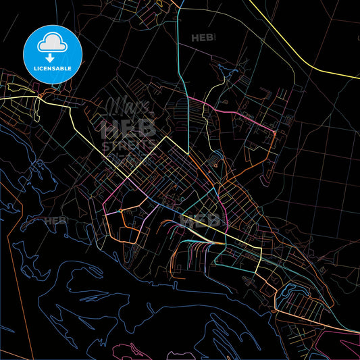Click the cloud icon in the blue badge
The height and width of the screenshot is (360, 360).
coord(52,42)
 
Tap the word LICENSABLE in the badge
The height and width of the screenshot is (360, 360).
coord(52,69)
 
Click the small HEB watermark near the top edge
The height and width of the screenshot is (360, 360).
coord(203,38)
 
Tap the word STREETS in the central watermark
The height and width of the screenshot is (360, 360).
coord(128,145)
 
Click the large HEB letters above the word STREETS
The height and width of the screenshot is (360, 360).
coord(128,128)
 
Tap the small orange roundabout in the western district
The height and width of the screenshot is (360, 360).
coord(120,211)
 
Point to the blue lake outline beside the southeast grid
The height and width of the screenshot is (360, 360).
coord(292,292)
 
